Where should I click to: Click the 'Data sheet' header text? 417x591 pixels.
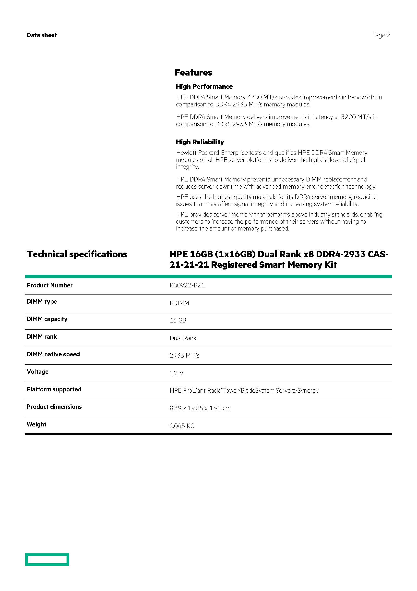(42, 35)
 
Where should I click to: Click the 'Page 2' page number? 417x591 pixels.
(381, 35)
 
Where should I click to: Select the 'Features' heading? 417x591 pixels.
(193, 73)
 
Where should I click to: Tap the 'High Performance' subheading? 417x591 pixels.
(204, 87)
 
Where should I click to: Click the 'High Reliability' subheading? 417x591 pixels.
(200, 142)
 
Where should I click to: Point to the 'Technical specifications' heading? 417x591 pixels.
(77, 254)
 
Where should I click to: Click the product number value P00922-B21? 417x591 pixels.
(187, 285)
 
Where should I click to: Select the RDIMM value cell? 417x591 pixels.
(179, 303)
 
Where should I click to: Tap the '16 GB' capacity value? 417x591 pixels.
(178, 321)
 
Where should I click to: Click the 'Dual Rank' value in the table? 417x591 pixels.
(183, 338)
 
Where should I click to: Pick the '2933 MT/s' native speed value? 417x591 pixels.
(184, 356)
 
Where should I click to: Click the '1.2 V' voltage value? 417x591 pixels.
(176, 373)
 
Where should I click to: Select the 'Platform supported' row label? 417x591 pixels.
(54, 389)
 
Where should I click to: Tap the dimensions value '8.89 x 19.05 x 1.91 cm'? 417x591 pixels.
(200, 408)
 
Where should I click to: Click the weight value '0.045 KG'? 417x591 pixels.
(182, 426)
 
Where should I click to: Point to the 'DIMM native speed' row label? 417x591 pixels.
(53, 354)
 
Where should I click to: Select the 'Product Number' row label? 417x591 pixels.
(50, 285)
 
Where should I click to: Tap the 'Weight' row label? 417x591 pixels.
(36, 424)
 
